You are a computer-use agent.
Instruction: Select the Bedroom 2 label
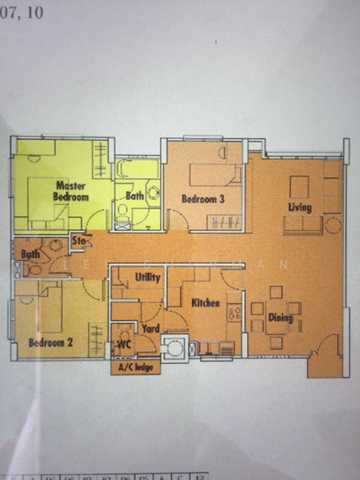pyautogui.click(x=50, y=342)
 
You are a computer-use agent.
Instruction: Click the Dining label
pyautogui.click(x=281, y=318)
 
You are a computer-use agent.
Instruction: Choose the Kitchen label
pyautogui.click(x=206, y=304)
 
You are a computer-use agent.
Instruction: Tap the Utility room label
pyautogui.click(x=148, y=277)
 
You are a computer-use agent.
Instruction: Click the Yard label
pyautogui.click(x=150, y=327)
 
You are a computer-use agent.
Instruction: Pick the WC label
pyautogui.click(x=124, y=344)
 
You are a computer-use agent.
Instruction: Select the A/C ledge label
pyautogui.click(x=134, y=368)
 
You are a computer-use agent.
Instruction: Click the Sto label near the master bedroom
pyautogui.click(x=79, y=239)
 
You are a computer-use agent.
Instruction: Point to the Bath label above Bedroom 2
pyautogui.click(x=30, y=254)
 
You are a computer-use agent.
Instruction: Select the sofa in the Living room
pyautogui.click(x=303, y=225)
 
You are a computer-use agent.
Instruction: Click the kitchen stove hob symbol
pyautogui.click(x=234, y=313)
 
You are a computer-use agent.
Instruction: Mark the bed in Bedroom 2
pyautogui.click(x=50, y=309)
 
